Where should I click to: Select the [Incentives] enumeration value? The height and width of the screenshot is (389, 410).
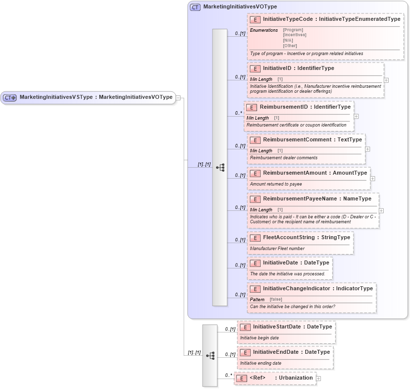coord(294,35)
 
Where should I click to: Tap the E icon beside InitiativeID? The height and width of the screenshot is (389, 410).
coord(255,68)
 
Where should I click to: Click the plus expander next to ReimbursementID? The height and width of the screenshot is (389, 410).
coord(356,117)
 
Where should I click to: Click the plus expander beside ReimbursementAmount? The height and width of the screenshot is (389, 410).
coord(372,179)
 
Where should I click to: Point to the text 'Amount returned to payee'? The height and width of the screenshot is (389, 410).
coord(276,184)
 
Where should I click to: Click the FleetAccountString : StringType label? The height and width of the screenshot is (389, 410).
coord(306,238)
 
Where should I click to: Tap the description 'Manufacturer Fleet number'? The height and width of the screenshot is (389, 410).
coord(277,249)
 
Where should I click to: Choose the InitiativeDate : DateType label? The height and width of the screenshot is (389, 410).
coord(296,262)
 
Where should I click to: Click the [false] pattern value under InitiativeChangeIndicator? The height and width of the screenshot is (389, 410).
coord(276,299)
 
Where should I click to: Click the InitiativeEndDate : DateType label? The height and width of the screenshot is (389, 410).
coord(291,352)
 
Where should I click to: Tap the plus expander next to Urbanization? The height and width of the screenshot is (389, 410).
coord(318,378)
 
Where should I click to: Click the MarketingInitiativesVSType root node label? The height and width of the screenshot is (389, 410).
coord(96,97)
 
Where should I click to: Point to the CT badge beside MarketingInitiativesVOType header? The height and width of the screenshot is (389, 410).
coord(196,7)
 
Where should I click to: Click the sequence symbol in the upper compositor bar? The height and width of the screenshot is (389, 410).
coord(220,168)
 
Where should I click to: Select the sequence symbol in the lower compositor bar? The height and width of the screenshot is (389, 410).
coord(210,355)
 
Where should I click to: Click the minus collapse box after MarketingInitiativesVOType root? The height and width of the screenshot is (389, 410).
coord(178,98)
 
